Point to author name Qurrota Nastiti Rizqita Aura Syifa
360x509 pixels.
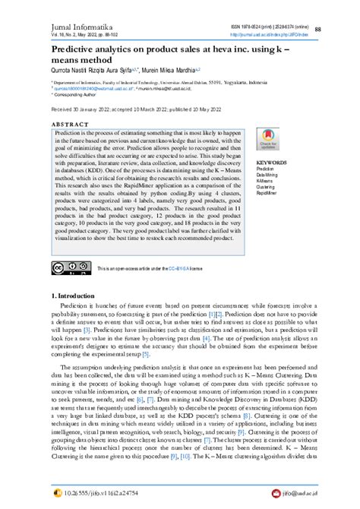click(95, 68)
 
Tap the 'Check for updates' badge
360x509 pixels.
click(267, 141)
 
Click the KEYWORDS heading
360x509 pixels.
click(271, 163)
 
